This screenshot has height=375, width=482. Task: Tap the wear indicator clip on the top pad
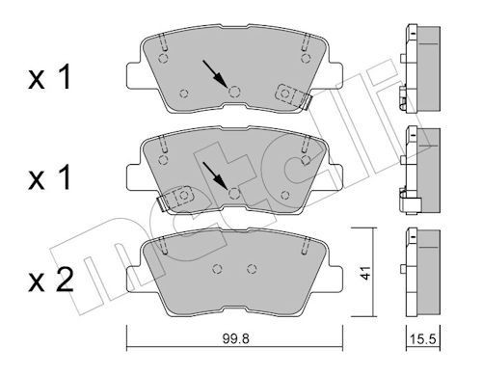290,94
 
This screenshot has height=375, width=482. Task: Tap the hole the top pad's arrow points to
234,92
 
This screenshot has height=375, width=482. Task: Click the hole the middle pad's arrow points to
234,194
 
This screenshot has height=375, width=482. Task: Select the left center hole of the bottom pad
218,268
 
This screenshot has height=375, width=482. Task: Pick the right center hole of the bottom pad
252,268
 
